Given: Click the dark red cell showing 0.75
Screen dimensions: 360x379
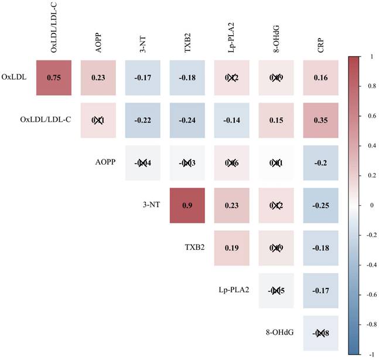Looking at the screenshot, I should pyautogui.click(x=53, y=77).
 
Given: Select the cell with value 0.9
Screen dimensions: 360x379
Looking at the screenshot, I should pyautogui.click(x=186, y=205).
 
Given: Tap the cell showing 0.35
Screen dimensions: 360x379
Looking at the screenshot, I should pyautogui.click(x=321, y=119).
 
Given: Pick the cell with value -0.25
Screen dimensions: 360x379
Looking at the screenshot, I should pyautogui.click(x=321, y=205).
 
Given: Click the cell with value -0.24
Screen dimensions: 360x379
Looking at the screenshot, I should pyautogui.click(x=186, y=119).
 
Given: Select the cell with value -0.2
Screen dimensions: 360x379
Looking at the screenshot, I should pyautogui.click(x=321, y=162).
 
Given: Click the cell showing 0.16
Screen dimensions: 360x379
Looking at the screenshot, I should pyautogui.click(x=321, y=77).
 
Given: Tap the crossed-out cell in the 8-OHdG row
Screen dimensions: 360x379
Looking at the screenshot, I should pyautogui.click(x=321, y=333).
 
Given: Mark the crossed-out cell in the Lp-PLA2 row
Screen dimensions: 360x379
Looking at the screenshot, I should pyautogui.click(x=275, y=290).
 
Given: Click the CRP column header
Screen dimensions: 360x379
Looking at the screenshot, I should pyautogui.click(x=320, y=46).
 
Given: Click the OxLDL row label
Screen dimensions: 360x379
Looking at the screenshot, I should pyautogui.click(x=13, y=77).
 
